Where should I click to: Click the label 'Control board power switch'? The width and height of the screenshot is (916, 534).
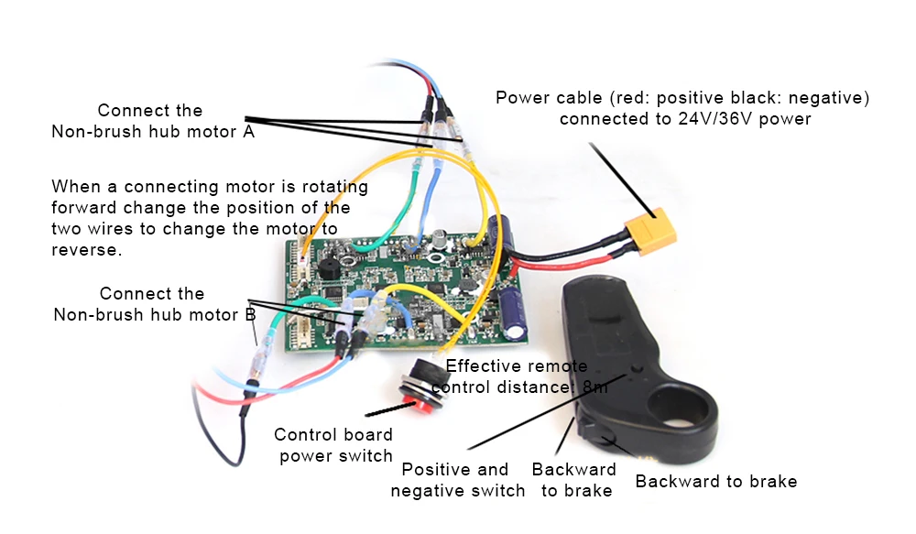pos(334,445)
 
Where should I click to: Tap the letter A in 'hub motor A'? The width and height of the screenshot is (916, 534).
pos(249,132)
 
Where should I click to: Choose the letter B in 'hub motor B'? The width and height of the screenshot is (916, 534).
pos(250,315)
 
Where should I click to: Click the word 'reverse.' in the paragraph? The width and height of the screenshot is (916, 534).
pos(86,250)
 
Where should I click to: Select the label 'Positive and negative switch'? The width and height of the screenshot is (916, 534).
pos(457,480)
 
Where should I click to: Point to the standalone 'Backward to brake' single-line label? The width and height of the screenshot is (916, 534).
pos(716,482)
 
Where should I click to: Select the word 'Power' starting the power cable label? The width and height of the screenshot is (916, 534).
pos(520,98)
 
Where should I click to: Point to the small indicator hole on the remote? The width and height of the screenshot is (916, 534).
pos(637,369)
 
